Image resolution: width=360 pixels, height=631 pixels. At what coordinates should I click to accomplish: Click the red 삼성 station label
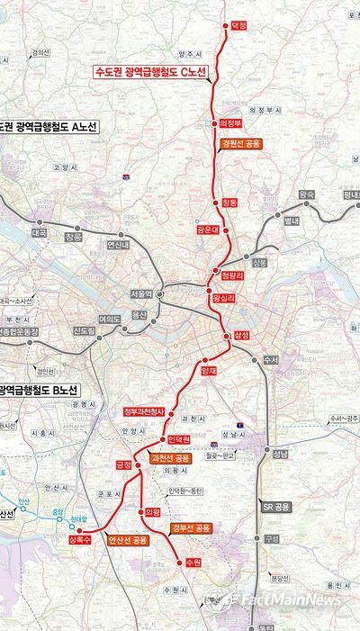point(240,335)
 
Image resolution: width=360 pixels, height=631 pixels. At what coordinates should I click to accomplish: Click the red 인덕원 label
point(180,438)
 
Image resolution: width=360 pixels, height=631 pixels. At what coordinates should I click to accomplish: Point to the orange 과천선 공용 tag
point(171,458)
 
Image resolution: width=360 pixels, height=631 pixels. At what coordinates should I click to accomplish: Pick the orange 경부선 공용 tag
point(190,527)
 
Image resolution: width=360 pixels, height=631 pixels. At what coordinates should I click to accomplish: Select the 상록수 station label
point(79,540)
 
